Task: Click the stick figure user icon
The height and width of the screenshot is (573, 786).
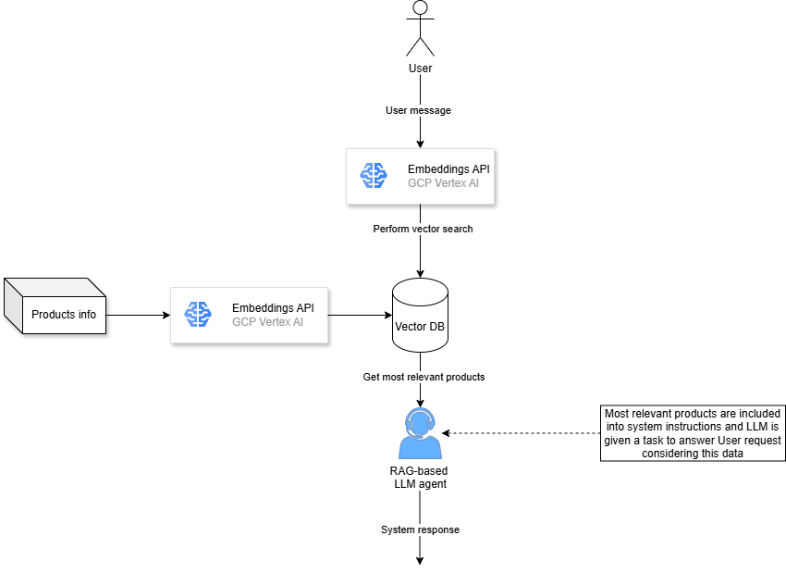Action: pos(421,29)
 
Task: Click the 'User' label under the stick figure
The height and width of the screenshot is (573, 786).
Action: pos(421,68)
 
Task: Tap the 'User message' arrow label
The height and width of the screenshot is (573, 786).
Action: pos(419,110)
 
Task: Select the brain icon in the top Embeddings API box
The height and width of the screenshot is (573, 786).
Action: pos(374,176)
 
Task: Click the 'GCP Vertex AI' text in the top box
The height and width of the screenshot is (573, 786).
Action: pos(444,183)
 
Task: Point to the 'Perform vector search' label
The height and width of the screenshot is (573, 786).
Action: pos(423,229)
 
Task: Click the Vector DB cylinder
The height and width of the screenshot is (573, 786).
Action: pos(421,317)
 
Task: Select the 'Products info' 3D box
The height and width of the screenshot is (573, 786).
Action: pos(55,306)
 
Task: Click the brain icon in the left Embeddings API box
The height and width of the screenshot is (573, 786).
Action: pos(198,315)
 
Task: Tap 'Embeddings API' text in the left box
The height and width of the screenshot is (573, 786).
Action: pos(273,308)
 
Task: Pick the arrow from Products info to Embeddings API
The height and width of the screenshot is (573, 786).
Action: pos(139,315)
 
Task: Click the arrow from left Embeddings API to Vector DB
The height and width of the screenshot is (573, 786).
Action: pos(361,315)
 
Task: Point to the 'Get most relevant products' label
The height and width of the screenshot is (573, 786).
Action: pos(424,377)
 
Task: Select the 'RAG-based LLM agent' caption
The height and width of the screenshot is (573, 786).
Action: pos(421,478)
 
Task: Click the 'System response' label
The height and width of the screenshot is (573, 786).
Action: pos(420,529)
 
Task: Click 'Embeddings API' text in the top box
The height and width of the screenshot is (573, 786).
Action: pos(448,169)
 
